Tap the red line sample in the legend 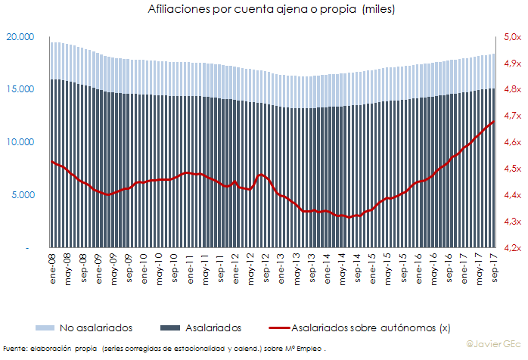click(279, 327)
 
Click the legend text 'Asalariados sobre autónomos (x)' click(371, 327)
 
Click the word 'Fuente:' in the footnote click(14, 349)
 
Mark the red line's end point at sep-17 click(494, 121)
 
